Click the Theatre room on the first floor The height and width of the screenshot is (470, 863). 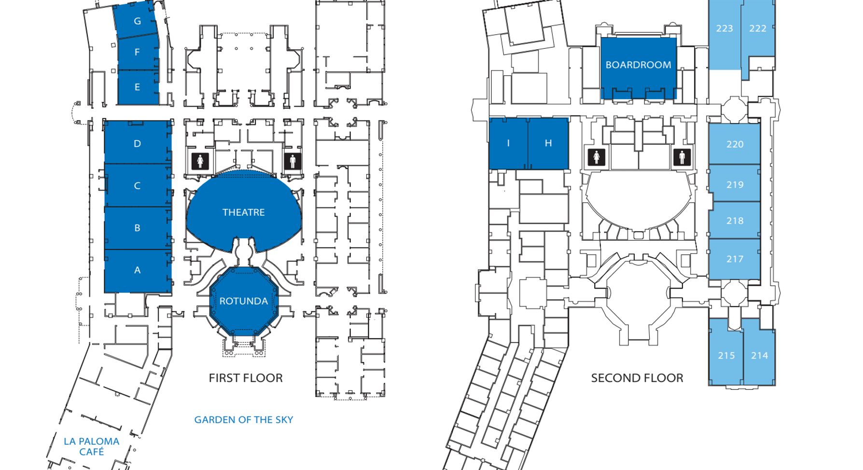click(x=244, y=212)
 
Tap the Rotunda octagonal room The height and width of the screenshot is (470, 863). click(x=244, y=301)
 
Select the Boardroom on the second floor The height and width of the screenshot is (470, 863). click(x=638, y=65)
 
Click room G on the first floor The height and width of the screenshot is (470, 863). click(x=138, y=21)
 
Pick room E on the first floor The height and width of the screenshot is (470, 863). click(x=138, y=87)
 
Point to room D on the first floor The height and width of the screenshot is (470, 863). click(x=138, y=143)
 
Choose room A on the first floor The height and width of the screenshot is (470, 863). click(x=138, y=270)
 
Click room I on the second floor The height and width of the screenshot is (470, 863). click(x=508, y=143)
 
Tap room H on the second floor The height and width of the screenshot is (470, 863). click(x=548, y=143)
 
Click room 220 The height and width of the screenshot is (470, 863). click(x=735, y=144)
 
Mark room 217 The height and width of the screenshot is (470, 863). click(x=735, y=259)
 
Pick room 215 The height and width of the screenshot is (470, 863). click(x=726, y=356)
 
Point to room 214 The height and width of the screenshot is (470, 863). click(x=759, y=356)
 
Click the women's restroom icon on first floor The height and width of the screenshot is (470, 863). click(x=200, y=161)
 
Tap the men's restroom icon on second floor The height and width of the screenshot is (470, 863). click(x=682, y=157)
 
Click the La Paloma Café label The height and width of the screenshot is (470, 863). click(x=92, y=446)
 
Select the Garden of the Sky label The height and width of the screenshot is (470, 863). click(x=244, y=420)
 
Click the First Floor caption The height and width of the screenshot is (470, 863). click(x=246, y=378)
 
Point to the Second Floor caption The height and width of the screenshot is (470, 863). click(x=637, y=378)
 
